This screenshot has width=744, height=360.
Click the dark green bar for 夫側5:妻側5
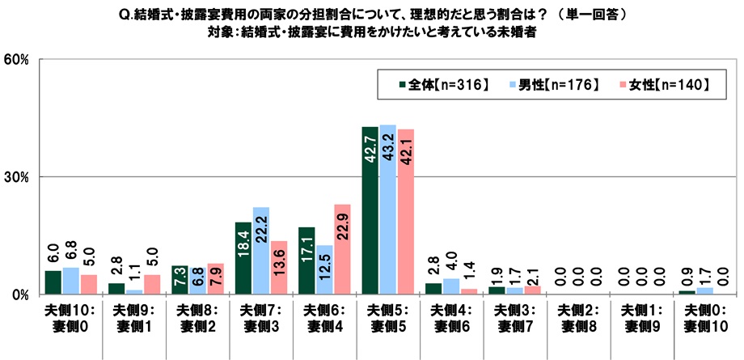coord(370,210)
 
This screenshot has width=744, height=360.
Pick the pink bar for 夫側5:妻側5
coord(406,212)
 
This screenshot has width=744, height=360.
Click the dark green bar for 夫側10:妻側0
coord(53,282)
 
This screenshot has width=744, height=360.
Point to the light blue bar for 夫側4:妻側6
coord(451,286)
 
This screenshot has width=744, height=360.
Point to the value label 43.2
coord(387,150)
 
